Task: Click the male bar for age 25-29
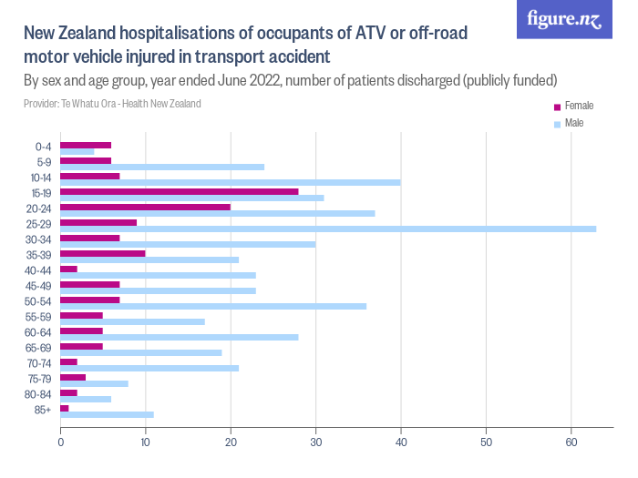coord(328,229)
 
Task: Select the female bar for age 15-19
coord(180,191)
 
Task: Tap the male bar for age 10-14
coord(231,182)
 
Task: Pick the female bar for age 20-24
coord(146,207)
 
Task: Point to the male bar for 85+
coord(107,414)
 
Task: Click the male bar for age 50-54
coord(213,306)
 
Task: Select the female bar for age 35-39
coord(103,253)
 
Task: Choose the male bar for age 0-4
coord(77,151)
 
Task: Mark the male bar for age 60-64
coord(180,337)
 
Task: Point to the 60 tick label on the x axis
coord(571,443)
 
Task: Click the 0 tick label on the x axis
coord(60,443)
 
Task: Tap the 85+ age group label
coord(42,409)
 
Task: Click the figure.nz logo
coord(564,19)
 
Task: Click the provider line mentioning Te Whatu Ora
coord(112,104)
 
